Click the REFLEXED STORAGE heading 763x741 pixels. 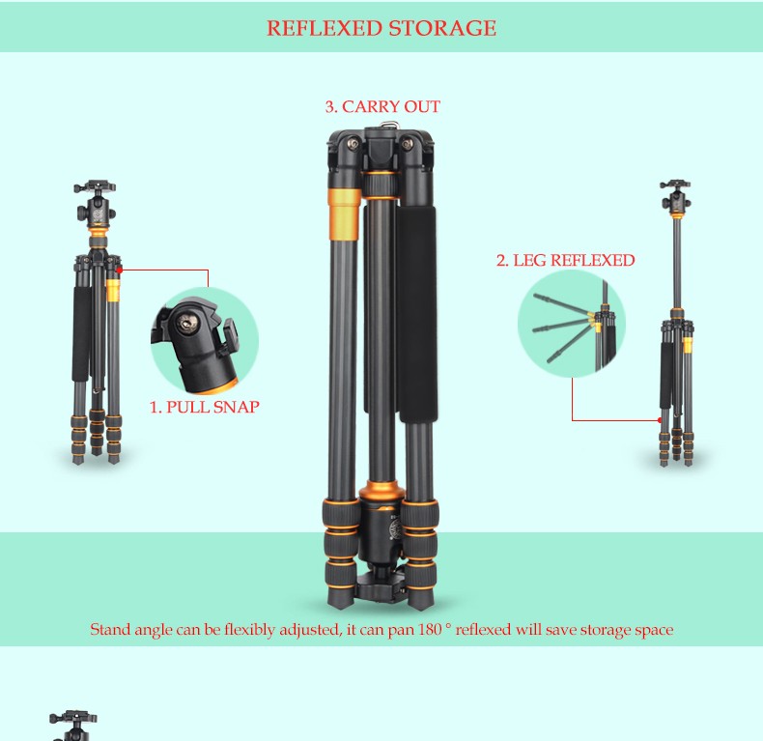(381, 28)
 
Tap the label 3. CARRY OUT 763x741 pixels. (382, 106)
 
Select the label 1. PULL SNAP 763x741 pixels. (204, 407)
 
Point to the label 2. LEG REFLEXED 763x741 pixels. (565, 260)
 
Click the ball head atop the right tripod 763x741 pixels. (675, 197)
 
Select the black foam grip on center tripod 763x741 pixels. (416, 313)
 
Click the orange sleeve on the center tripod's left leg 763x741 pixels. (345, 214)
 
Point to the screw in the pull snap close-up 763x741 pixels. (186, 324)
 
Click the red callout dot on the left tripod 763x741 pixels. (120, 270)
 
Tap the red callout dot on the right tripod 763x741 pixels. (660, 419)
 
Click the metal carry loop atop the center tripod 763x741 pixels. (388, 126)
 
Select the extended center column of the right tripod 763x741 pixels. (677, 263)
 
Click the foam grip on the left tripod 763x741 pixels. (81, 333)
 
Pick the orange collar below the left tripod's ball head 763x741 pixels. (98, 241)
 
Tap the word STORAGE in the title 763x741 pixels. (442, 28)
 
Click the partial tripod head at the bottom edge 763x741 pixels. (73, 726)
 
